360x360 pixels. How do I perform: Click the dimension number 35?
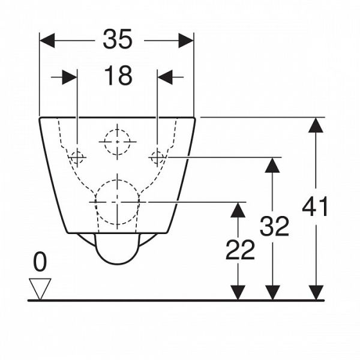click(118, 40)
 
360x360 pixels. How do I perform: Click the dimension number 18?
click(118, 76)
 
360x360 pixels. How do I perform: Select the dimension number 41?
click(316, 207)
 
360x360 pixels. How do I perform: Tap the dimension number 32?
click(274, 226)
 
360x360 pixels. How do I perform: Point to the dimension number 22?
click(240, 250)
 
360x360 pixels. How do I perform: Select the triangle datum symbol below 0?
click(40, 287)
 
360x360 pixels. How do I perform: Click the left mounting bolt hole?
click(77, 158)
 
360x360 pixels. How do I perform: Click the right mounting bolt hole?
click(157, 158)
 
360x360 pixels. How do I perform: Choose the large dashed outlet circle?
click(118, 202)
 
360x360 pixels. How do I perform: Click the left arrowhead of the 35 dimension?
click(47, 40)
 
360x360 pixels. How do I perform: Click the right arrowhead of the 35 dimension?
click(186, 40)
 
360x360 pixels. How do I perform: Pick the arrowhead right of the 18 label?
click(165, 77)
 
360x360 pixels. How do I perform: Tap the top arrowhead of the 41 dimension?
click(316, 125)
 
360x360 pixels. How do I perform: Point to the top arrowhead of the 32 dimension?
click(273, 165)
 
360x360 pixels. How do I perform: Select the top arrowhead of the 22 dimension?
click(239, 209)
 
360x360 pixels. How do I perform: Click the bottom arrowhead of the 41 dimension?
click(316, 292)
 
